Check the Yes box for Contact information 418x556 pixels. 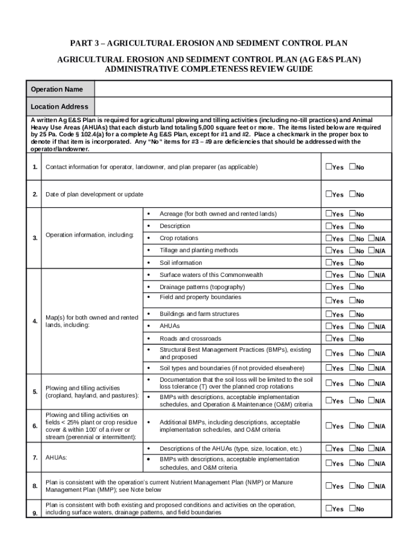(x=328, y=167)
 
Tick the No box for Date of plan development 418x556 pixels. (x=352, y=194)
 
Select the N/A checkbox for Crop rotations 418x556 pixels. (x=372, y=238)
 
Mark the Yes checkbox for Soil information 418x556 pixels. (x=328, y=263)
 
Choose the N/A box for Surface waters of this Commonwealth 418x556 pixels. (x=372, y=275)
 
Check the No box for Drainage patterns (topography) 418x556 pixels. (x=352, y=287)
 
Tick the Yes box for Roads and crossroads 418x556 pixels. (x=328, y=339)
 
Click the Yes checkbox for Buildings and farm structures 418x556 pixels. (x=328, y=314)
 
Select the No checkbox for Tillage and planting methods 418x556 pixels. (x=352, y=250)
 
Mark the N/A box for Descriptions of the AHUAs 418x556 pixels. (x=372, y=448)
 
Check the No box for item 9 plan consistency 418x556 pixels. (x=352, y=509)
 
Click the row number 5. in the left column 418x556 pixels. (x=35, y=391)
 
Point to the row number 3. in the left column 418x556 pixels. (x=35, y=238)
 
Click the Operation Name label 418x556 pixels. (x=57, y=89)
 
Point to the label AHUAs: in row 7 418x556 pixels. (x=56, y=458)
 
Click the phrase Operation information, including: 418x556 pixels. (x=90, y=235)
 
